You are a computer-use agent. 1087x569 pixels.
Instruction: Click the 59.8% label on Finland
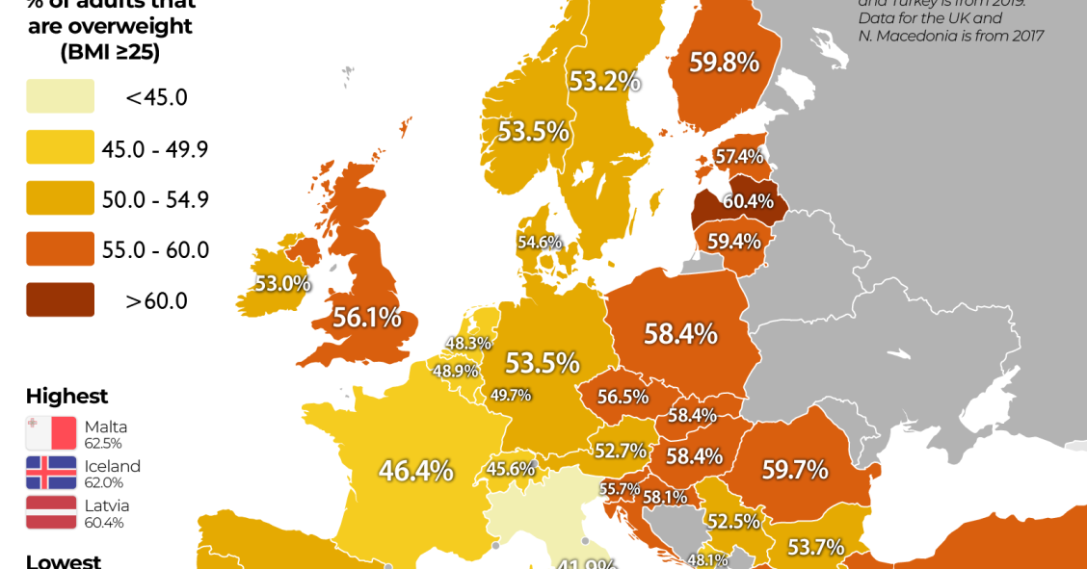pos(724,63)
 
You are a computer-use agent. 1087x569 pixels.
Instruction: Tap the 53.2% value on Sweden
pos(604,81)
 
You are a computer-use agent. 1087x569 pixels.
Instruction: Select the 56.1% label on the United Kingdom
pos(366,318)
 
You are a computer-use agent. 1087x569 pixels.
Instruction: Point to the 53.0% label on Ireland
pos(282,284)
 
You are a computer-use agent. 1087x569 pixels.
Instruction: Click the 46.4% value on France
pos(415,471)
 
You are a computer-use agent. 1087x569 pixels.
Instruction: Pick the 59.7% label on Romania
pos(795,470)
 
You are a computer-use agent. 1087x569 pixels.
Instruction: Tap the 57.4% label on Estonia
pos(739,156)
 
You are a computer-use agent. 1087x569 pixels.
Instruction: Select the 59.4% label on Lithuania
pos(734,241)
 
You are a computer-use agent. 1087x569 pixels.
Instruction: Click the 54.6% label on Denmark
pos(540,243)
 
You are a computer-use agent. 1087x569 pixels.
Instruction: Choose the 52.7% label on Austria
pos(620,451)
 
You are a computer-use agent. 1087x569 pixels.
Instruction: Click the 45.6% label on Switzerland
pos(510,469)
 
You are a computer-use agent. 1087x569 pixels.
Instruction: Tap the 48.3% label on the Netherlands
pos(468,343)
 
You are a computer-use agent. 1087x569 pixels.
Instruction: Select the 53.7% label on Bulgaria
pos(815,548)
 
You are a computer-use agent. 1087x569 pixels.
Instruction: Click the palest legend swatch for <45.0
pos(60,96)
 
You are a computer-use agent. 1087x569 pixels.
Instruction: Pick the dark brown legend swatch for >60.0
pos(60,299)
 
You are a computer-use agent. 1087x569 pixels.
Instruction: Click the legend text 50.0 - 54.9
pos(155,199)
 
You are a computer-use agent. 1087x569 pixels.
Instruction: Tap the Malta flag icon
pos(51,433)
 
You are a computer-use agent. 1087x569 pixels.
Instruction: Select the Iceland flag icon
pos(51,473)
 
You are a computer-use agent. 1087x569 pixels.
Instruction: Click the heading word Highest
pos(66,396)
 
